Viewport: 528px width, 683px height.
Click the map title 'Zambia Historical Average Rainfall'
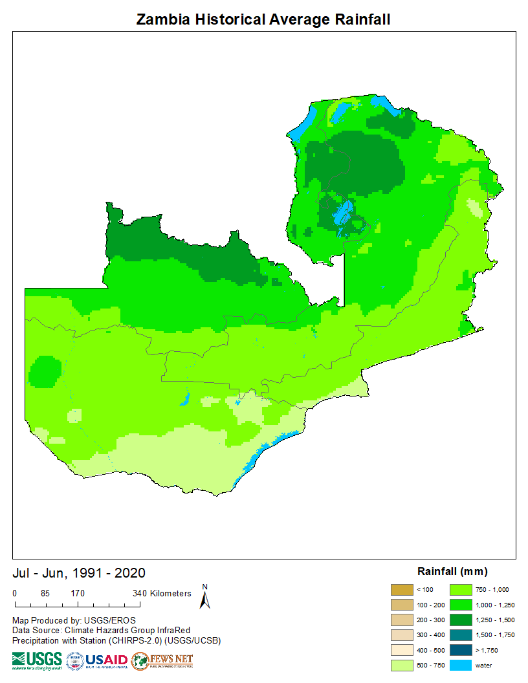coord(263,19)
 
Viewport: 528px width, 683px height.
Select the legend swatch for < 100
coord(401,589)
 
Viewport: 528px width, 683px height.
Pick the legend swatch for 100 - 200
coord(401,605)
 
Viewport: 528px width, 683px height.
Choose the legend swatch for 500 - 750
coord(401,665)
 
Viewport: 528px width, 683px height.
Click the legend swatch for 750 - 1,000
coord(460,589)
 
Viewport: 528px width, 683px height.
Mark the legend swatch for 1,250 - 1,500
coord(460,620)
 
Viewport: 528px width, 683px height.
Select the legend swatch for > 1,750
coord(460,650)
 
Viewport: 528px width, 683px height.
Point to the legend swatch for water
coord(460,665)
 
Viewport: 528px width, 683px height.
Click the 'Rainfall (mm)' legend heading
coord(452,571)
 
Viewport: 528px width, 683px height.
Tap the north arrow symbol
coord(205,598)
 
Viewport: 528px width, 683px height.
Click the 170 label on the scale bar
coord(78,593)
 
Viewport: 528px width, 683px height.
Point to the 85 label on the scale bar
coord(45,593)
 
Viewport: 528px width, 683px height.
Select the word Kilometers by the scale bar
coord(170,593)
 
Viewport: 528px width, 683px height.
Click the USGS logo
coord(37,660)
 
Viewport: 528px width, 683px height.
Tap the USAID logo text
coord(107,660)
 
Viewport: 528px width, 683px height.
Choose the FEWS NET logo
coord(162,660)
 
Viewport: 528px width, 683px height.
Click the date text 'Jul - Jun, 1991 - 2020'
coord(79,573)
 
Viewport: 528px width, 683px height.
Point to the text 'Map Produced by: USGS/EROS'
coord(74,620)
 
